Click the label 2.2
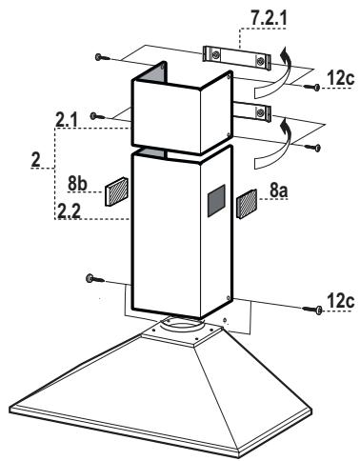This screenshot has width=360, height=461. point(68,210)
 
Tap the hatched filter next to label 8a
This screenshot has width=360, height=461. point(245,202)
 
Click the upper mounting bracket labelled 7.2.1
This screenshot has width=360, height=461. point(235,56)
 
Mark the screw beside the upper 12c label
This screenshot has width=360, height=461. point(314,88)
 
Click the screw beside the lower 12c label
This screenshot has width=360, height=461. point(314,311)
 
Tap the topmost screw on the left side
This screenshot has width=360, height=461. point(100,58)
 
